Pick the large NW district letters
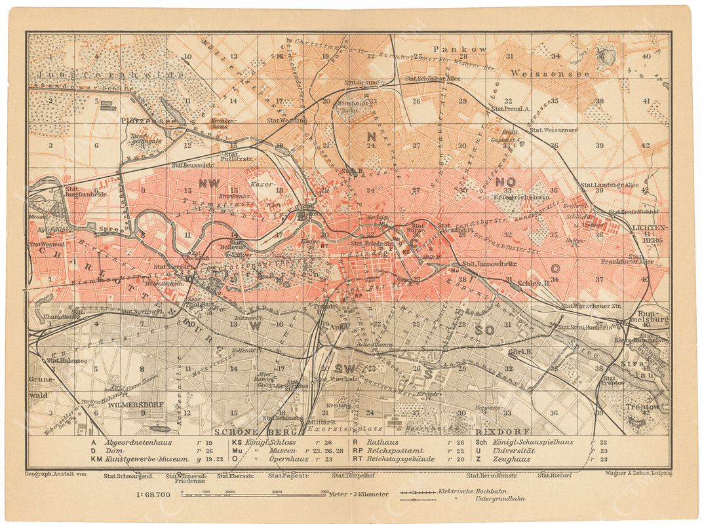point(209,183)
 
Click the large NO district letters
point(505,181)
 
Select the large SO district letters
point(484,330)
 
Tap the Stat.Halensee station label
point(67,360)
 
